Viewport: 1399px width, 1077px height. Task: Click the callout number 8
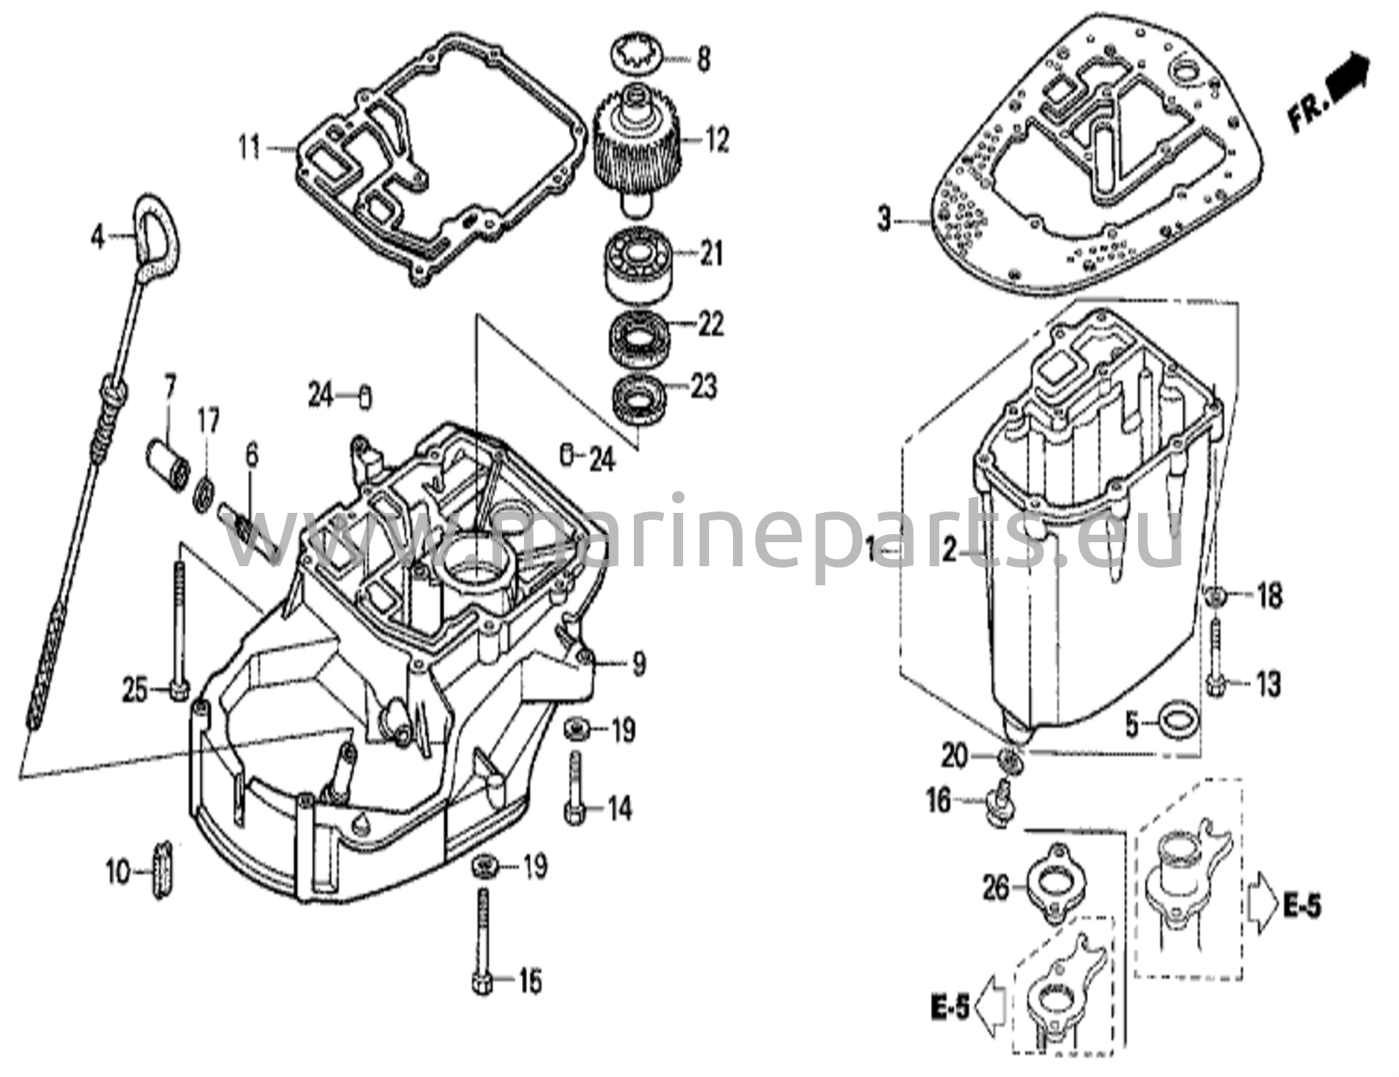(703, 59)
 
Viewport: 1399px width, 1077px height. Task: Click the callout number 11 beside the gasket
(249, 148)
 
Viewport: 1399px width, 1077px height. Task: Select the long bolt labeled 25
(179, 629)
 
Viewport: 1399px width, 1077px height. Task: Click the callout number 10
(118, 872)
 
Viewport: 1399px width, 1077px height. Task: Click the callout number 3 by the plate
(885, 221)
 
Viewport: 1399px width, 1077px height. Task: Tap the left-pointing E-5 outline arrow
(991, 1006)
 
